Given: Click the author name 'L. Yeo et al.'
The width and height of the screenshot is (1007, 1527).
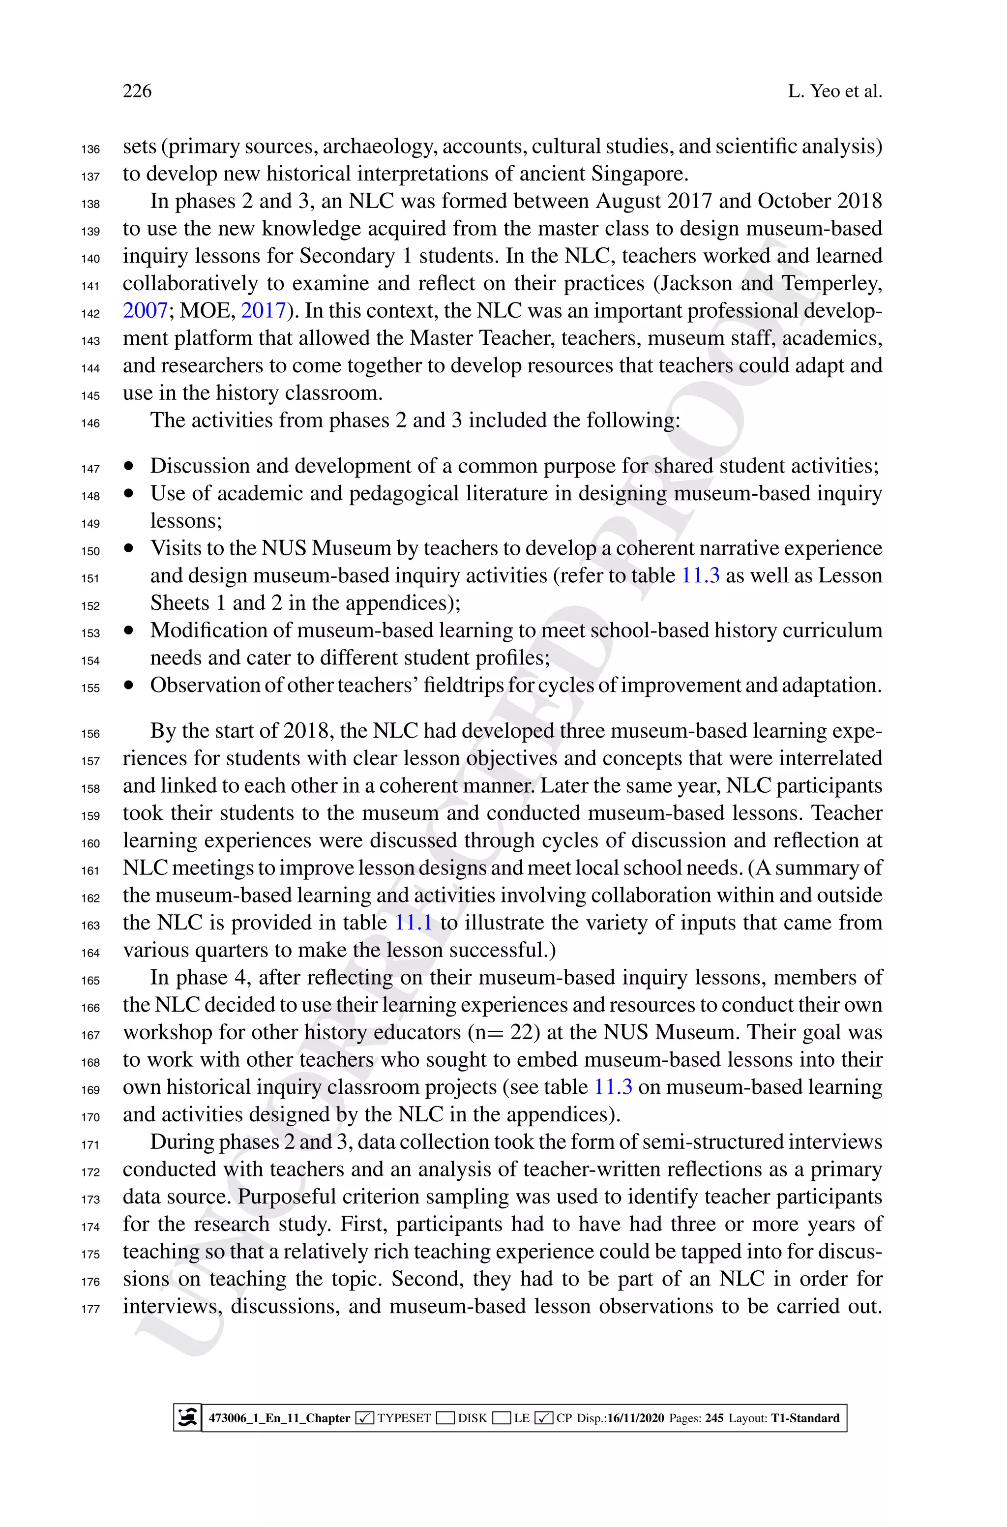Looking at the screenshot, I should click(x=835, y=91).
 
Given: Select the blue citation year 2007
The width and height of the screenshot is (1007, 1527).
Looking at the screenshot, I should click(x=145, y=311).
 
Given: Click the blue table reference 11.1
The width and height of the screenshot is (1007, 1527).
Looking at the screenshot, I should click(x=413, y=923).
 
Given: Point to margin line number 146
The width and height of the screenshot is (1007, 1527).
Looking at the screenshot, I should click(x=90, y=423).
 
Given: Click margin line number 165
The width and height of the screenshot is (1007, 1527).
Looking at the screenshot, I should click(x=90, y=981).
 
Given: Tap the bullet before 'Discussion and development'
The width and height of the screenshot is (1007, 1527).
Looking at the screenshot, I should click(x=130, y=466).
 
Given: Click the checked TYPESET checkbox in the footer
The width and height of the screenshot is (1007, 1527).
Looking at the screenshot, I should click(x=364, y=1418).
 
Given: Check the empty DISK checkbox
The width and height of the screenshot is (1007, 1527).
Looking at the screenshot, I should click(x=445, y=1418).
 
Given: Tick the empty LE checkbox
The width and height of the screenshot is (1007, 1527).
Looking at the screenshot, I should click(x=502, y=1418).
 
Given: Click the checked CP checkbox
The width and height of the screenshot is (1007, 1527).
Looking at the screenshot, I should click(x=543, y=1418).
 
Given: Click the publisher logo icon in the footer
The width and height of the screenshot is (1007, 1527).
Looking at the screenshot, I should click(x=187, y=1418).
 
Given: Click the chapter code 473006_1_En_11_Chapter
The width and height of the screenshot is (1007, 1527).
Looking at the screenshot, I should click(x=279, y=1418).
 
